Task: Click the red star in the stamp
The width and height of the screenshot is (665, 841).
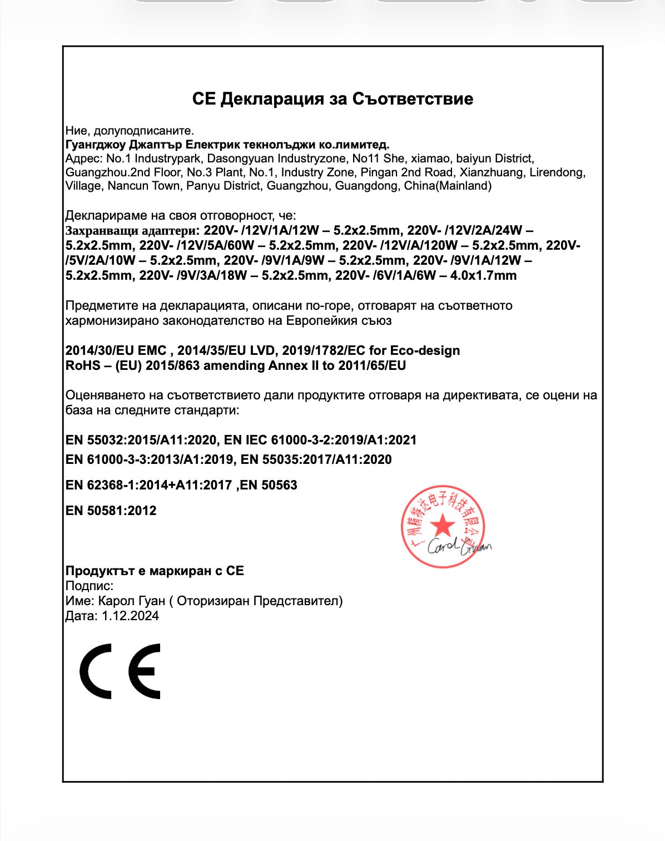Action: (x=443, y=525)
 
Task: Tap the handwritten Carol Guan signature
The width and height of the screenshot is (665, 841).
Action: (x=459, y=546)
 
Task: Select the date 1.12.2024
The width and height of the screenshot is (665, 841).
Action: (x=130, y=616)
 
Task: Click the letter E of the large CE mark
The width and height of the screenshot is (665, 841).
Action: (x=145, y=671)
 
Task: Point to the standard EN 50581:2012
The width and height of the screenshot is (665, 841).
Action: (x=111, y=511)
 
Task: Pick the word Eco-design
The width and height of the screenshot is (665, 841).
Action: (x=425, y=350)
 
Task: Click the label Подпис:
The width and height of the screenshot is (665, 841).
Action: (x=90, y=586)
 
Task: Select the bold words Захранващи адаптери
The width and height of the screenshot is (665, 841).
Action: (x=131, y=230)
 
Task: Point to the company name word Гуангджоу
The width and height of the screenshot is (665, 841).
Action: (x=95, y=145)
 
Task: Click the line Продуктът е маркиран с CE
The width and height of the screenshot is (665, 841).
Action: (x=155, y=571)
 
